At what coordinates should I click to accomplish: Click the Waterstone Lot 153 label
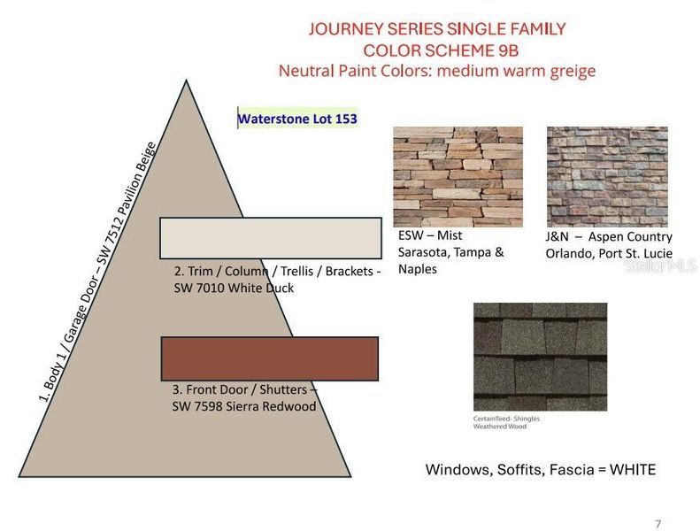tap(297, 118)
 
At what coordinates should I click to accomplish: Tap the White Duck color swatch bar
tap(271, 237)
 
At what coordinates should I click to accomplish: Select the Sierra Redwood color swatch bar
tap(269, 358)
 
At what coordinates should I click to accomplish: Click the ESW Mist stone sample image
tap(458, 177)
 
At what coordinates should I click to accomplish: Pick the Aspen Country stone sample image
tap(607, 177)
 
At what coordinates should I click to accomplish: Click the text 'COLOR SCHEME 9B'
tap(436, 50)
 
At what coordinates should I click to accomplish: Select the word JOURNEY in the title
tap(350, 28)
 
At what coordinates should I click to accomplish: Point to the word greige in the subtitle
tap(572, 71)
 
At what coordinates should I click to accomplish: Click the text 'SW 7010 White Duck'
tap(234, 289)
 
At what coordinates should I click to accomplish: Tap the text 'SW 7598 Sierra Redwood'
tap(243, 406)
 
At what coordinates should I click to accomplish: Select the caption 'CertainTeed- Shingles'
tap(506, 418)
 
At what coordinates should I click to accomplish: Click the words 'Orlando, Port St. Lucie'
tap(609, 253)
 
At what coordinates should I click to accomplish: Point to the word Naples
tap(418, 269)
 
